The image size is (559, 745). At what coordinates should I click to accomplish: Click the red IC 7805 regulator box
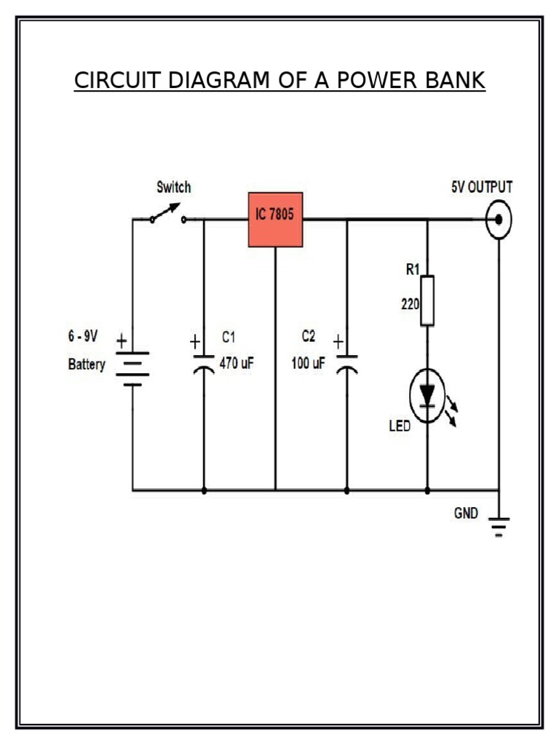click(275, 219)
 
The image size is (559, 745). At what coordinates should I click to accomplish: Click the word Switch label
click(174, 188)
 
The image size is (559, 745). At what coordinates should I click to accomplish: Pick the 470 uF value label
click(237, 364)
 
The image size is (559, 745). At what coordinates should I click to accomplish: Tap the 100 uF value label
click(308, 364)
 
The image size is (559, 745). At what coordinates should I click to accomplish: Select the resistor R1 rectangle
click(427, 300)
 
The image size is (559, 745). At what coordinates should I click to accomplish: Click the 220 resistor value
click(411, 306)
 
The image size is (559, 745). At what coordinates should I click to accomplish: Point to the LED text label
click(399, 427)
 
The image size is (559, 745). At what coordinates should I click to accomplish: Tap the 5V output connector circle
click(499, 219)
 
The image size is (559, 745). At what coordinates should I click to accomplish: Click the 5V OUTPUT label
click(481, 187)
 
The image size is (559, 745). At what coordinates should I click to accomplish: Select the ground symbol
click(499, 525)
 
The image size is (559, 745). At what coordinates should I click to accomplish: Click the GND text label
click(466, 513)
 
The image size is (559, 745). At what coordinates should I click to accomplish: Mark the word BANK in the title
click(450, 81)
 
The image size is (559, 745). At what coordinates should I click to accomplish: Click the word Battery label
click(87, 364)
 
